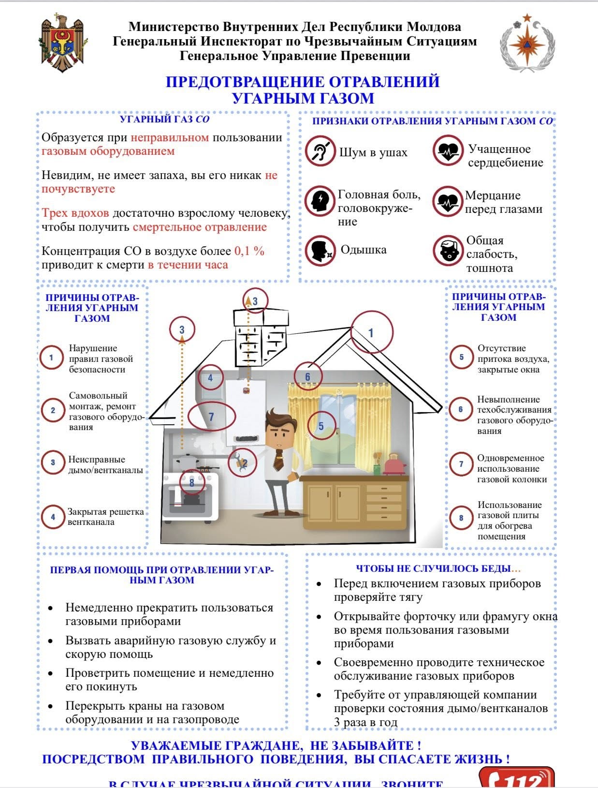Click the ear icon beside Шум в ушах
click(x=320, y=152)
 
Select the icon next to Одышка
click(x=320, y=251)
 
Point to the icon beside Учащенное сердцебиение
click(x=448, y=151)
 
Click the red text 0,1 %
click(x=249, y=251)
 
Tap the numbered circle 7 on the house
click(x=211, y=416)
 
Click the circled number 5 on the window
click(x=321, y=426)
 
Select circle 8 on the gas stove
click(x=192, y=482)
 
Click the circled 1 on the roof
click(x=371, y=332)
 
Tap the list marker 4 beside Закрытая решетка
click(x=53, y=517)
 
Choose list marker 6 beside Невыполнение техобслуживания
click(x=461, y=410)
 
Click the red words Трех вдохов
click(x=75, y=213)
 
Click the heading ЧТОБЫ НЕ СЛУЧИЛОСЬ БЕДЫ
click(x=438, y=568)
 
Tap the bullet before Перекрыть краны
click(x=51, y=706)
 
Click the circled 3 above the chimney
click(x=255, y=300)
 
